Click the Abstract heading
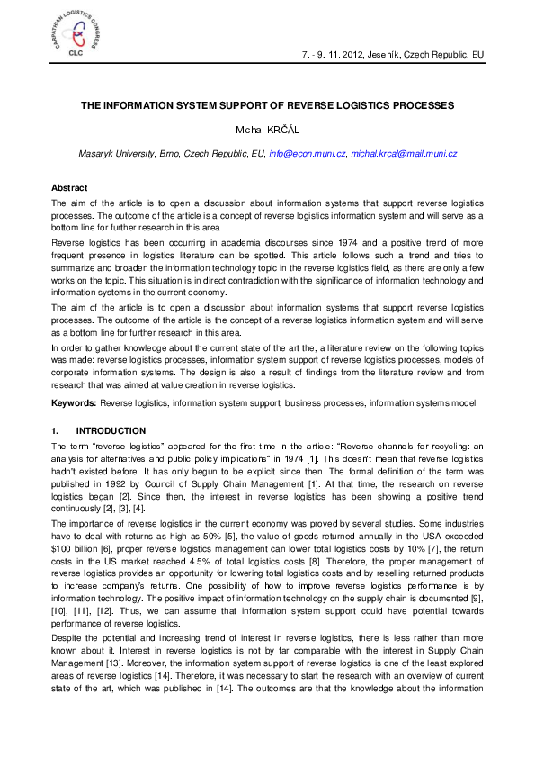click(69, 187)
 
